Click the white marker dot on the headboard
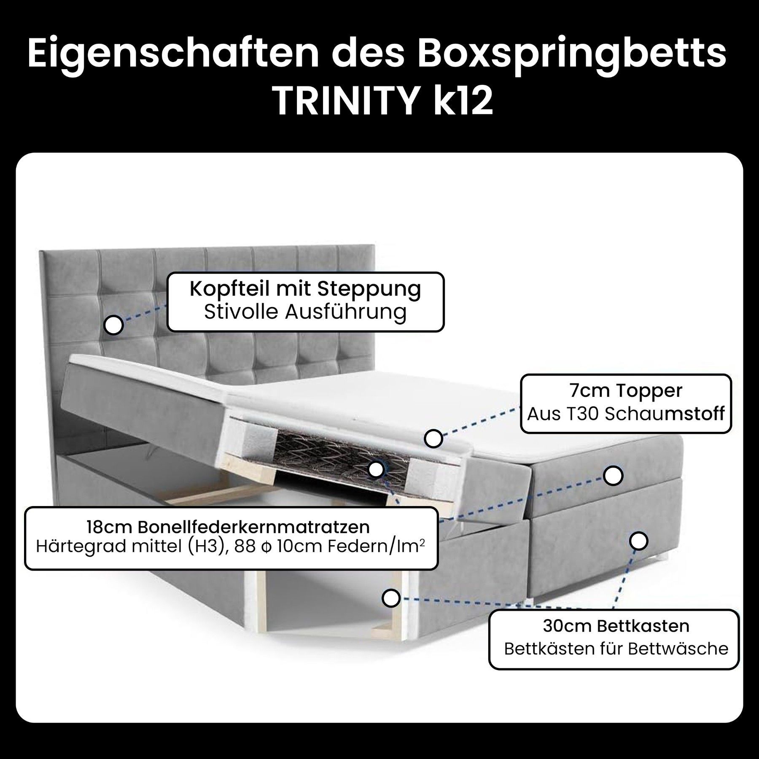[113, 325]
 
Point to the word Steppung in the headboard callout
[369, 290]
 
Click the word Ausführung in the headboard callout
[345, 312]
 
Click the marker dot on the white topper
[433, 439]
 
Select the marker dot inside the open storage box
[391, 598]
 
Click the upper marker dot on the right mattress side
[613, 475]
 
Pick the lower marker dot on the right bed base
[639, 541]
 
